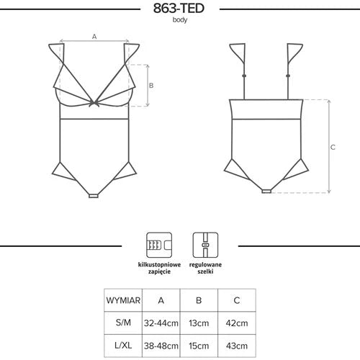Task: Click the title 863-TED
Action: (179, 8)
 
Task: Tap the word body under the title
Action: (180, 19)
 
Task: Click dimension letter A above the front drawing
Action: (94, 37)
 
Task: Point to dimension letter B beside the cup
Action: (151, 86)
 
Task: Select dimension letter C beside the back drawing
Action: (333, 147)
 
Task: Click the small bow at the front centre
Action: (94, 104)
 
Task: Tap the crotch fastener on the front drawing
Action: (94, 196)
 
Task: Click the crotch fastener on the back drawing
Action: (266, 191)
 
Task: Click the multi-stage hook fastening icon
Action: (159, 245)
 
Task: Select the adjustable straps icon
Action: (205, 245)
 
